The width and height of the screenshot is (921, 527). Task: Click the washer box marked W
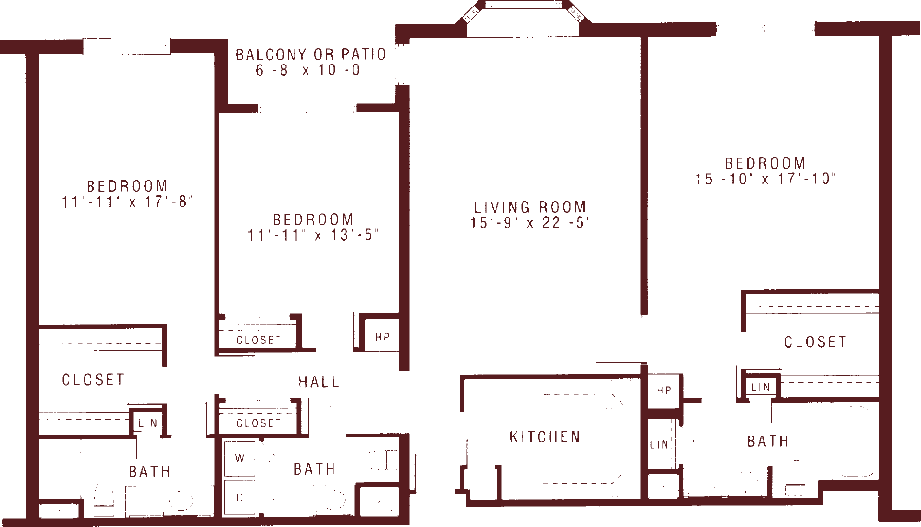pyautogui.click(x=240, y=458)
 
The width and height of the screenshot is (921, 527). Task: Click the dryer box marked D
pyautogui.click(x=240, y=498)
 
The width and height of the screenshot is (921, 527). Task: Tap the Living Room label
pyautogui.click(x=529, y=207)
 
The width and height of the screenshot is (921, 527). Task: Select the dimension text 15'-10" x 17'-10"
pyautogui.click(x=764, y=179)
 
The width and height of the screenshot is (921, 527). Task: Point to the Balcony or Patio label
pyautogui.click(x=311, y=55)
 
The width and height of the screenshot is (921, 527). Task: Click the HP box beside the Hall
pyautogui.click(x=382, y=337)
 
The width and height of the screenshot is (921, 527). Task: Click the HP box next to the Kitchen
pyautogui.click(x=664, y=390)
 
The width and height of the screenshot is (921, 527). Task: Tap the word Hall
pyautogui.click(x=319, y=382)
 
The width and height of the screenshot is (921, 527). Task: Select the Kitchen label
pyautogui.click(x=545, y=437)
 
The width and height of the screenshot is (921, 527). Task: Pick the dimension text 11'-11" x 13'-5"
pyautogui.click(x=312, y=235)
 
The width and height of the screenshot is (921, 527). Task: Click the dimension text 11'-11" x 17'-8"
pyautogui.click(x=127, y=202)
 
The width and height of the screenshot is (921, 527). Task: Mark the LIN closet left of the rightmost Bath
pyautogui.click(x=659, y=445)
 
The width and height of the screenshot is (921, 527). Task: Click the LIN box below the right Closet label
pyautogui.click(x=760, y=387)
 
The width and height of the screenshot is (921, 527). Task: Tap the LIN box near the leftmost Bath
pyautogui.click(x=148, y=423)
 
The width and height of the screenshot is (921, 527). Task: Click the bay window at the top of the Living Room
pyautogui.click(x=523, y=6)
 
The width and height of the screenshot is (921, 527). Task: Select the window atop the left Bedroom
pyautogui.click(x=126, y=46)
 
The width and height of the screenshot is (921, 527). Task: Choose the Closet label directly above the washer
pyautogui.click(x=258, y=423)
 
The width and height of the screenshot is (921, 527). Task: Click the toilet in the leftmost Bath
pyautogui.click(x=104, y=499)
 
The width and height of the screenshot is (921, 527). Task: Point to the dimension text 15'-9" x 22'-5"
pyautogui.click(x=529, y=223)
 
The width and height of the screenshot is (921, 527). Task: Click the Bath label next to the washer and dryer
pyautogui.click(x=314, y=469)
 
